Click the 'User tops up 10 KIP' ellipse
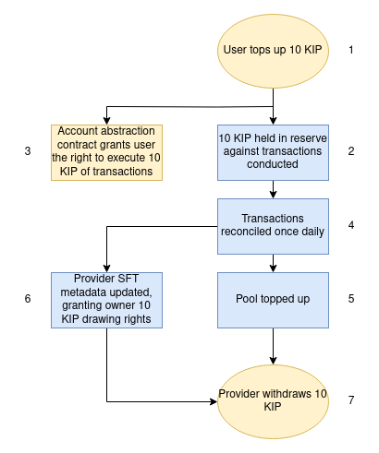click(273, 51)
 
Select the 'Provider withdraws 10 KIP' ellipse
click(273, 401)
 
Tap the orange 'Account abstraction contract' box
click(106, 152)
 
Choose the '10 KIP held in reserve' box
click(273, 152)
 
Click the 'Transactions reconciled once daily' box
click(273, 226)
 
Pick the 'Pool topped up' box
click(273, 300)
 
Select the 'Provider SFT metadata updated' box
click(106, 300)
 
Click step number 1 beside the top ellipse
click(351, 50)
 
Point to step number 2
click(351, 151)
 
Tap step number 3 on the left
click(28, 151)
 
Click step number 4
click(351, 225)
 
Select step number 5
click(351, 299)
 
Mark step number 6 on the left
click(28, 299)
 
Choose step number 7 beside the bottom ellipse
click(351, 400)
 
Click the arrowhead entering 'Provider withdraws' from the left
click(214, 401)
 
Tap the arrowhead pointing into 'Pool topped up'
click(273, 268)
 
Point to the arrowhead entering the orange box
click(106, 121)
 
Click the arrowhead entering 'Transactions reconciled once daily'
click(273, 195)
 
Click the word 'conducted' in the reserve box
click(273, 164)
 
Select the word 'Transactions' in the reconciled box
click(273, 219)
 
